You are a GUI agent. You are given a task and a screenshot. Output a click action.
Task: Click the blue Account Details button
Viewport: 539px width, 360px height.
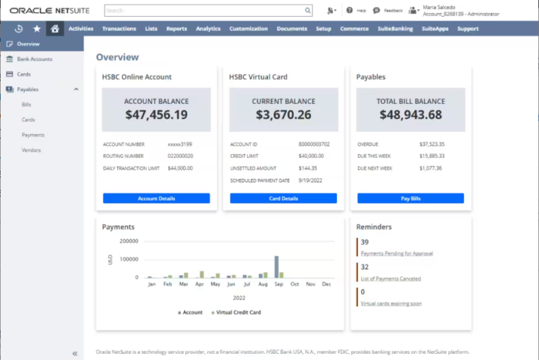pyautogui.click(x=156, y=199)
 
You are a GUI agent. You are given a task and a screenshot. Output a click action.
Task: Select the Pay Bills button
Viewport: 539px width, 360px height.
pyautogui.click(x=411, y=199)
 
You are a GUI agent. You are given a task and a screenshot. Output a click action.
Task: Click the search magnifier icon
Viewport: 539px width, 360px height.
pyautogui.click(x=307, y=11)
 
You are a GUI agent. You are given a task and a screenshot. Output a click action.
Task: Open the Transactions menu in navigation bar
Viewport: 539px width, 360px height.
pyautogui.click(x=119, y=29)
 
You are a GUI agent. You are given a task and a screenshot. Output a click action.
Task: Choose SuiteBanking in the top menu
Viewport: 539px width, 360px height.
pyautogui.click(x=394, y=29)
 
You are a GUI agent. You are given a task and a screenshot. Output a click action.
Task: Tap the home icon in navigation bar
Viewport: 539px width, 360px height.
pyautogui.click(x=55, y=29)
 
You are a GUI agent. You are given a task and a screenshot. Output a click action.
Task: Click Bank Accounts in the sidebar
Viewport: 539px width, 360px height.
pyautogui.click(x=34, y=59)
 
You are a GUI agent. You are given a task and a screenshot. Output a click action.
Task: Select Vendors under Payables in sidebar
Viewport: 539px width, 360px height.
pyautogui.click(x=31, y=150)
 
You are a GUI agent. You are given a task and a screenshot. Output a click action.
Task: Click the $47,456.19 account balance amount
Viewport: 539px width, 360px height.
pyautogui.click(x=157, y=115)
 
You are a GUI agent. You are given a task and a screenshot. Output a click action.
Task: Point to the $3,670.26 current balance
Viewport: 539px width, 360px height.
pyautogui.click(x=284, y=115)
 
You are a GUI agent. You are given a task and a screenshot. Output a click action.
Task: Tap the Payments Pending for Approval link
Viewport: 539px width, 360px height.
pyautogui.click(x=397, y=253)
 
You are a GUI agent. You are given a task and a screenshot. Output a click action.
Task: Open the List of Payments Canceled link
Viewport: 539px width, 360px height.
pyautogui.click(x=390, y=279)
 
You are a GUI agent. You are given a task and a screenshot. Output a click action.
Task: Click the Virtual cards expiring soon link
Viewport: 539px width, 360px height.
pyautogui.click(x=391, y=304)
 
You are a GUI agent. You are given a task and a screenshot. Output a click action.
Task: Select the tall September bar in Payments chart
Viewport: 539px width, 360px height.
pyautogui.click(x=277, y=267)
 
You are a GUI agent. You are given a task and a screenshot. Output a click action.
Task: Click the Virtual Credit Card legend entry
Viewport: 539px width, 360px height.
pyautogui.click(x=238, y=312)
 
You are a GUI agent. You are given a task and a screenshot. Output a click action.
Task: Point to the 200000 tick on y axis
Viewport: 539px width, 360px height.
pyautogui.click(x=128, y=241)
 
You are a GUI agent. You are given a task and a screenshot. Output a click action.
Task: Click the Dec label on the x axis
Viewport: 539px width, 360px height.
pyautogui.click(x=326, y=284)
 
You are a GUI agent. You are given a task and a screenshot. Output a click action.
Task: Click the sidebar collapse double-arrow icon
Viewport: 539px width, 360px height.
pyautogui.click(x=74, y=354)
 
